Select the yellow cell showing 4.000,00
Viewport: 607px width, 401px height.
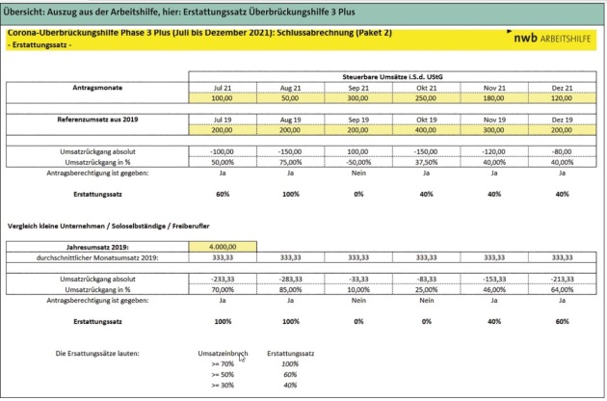pyautogui.click(x=224, y=247)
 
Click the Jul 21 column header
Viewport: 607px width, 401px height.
pyautogui.click(x=224, y=87)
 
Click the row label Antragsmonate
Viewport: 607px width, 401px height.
pyautogui.click(x=96, y=87)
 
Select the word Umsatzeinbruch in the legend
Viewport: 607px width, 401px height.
pyautogui.click(x=223, y=353)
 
